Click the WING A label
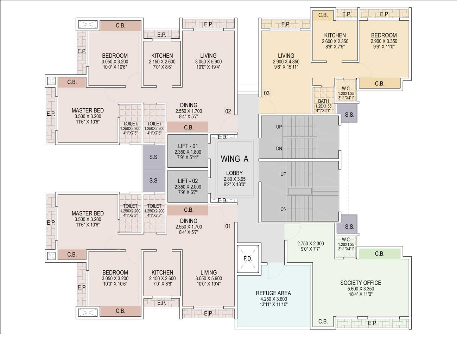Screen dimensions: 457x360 pyautogui.click(x=234, y=159)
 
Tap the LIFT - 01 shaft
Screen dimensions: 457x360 pyautogui.click(x=188, y=151)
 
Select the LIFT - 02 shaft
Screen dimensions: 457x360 pyautogui.click(x=188, y=186)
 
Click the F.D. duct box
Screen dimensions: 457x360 pyautogui.click(x=248, y=259)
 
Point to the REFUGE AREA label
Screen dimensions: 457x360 pyautogui.click(x=273, y=293)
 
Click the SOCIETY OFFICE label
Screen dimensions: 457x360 pyautogui.click(x=361, y=283)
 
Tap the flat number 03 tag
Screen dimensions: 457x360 pyautogui.click(x=267, y=93)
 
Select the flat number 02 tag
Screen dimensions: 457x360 pyautogui.click(x=228, y=111)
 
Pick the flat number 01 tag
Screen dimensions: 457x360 pyautogui.click(x=228, y=226)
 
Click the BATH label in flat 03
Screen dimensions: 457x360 pyautogui.click(x=323, y=101)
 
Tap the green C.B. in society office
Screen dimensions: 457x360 pyautogui.click(x=380, y=254)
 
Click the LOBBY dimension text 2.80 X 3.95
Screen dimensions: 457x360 pyautogui.click(x=234, y=179)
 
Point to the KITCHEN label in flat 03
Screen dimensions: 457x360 pyautogui.click(x=335, y=35)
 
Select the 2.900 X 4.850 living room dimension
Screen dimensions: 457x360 pyautogui.click(x=286, y=62)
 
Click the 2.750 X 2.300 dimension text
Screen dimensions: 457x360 pyautogui.click(x=310, y=244)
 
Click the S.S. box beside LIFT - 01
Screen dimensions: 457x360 pyautogui.click(x=154, y=157)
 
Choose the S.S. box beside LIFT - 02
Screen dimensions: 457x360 pyautogui.click(x=154, y=180)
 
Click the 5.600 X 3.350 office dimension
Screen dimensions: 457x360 pyautogui.click(x=361, y=289)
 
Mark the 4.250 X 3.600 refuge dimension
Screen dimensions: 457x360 pyautogui.click(x=273, y=299)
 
